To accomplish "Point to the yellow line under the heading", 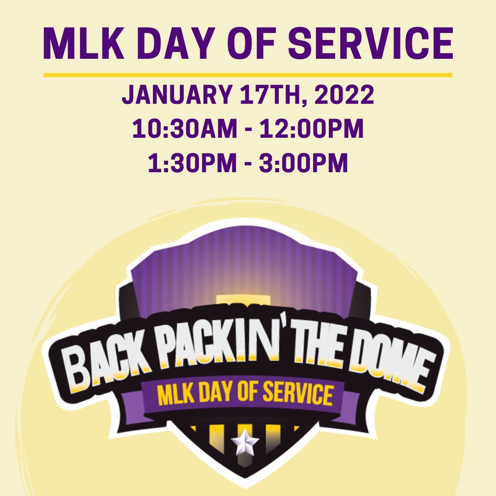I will click(x=248, y=75).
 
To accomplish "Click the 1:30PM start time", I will click(x=192, y=163).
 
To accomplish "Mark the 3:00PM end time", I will click(x=304, y=163).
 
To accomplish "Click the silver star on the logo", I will click(x=245, y=443).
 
